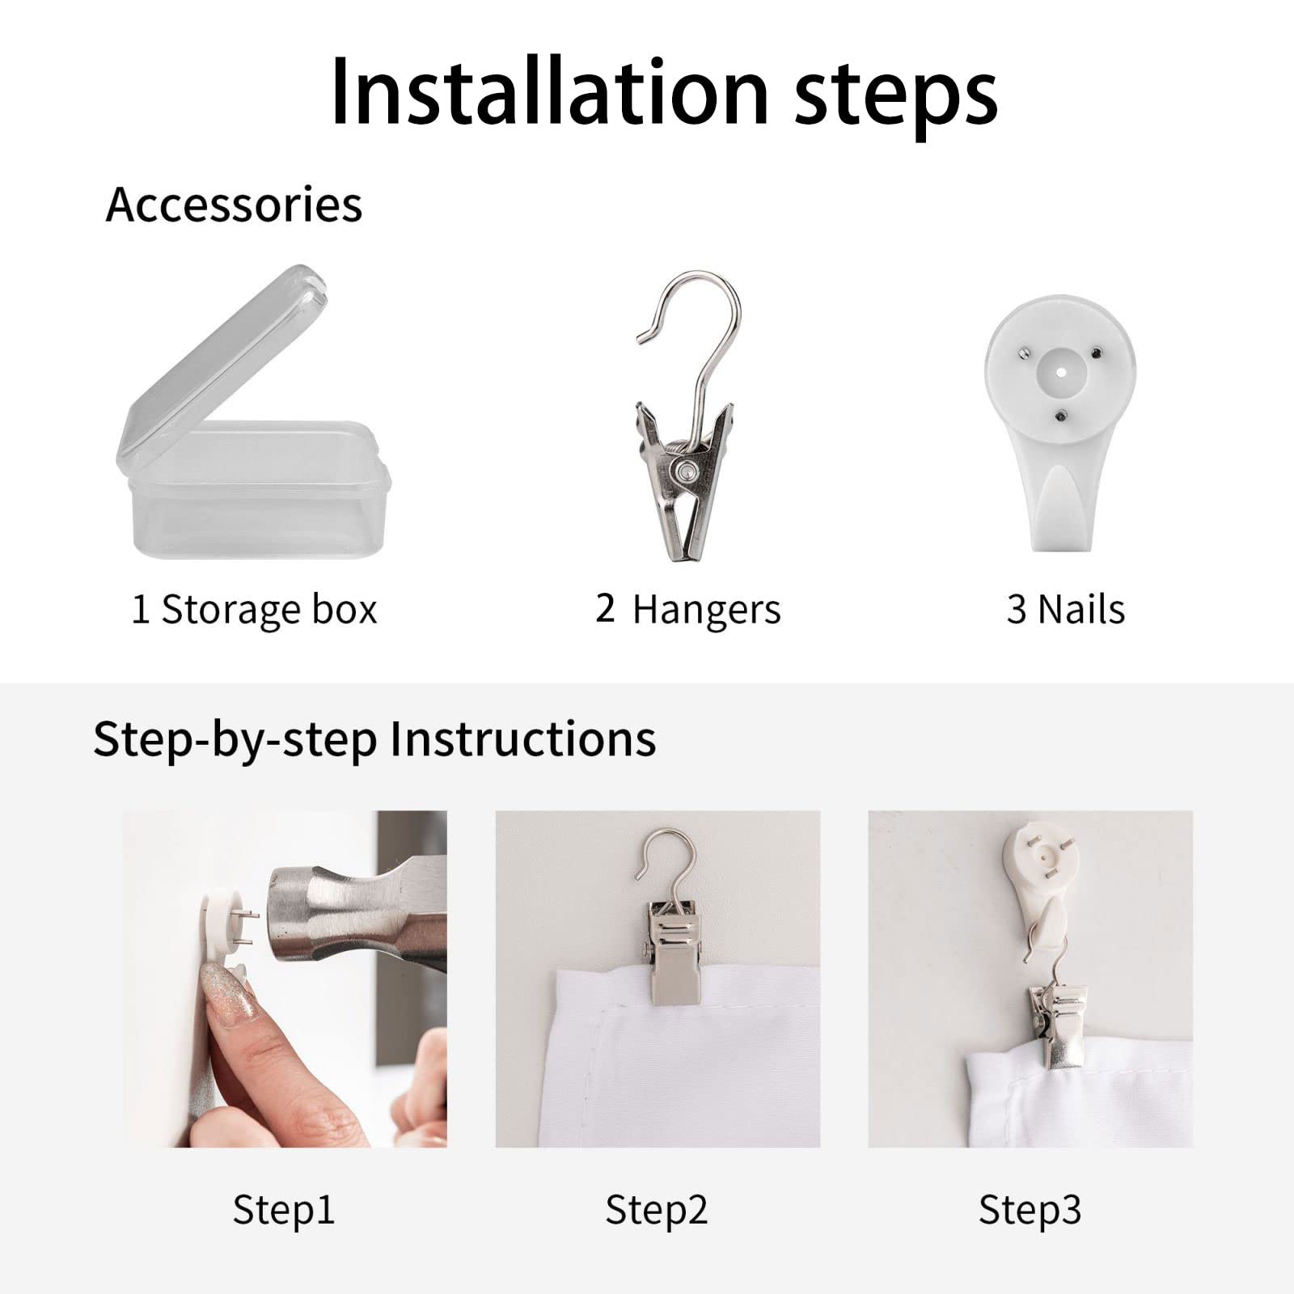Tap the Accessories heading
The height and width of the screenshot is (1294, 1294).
pos(234,204)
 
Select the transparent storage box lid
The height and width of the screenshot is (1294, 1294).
pos(220,364)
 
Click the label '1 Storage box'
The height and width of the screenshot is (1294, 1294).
pos(254,610)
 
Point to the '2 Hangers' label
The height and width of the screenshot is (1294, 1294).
pos(688,610)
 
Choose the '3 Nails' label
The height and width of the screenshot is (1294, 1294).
pos(1065,610)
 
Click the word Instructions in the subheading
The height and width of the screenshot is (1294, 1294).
pos(522,738)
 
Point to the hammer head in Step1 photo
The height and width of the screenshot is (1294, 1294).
pos(357,914)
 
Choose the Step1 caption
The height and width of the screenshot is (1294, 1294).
pos(284,1211)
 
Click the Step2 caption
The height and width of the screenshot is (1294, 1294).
pos(657,1211)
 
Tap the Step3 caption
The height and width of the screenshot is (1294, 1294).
pos(1030,1211)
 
